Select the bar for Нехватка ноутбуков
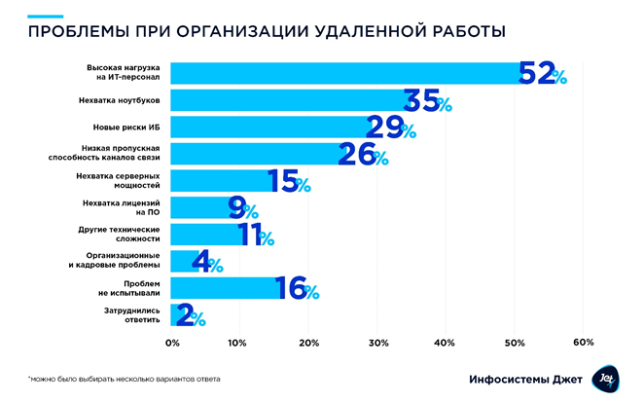point(288,100)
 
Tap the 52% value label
point(542,74)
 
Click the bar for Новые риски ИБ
point(269,127)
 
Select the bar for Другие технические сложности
point(206,235)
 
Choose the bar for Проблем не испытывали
point(223,288)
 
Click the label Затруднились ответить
point(125,315)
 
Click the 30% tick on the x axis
point(378,343)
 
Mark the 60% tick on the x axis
point(584,343)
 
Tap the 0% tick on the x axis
point(173,343)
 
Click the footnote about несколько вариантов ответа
point(124,379)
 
